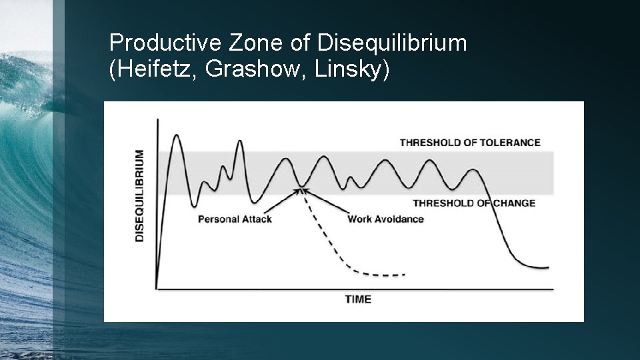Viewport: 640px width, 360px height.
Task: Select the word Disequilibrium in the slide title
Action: pyautogui.click(x=392, y=43)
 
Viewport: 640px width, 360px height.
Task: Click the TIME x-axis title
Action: pyautogui.click(x=358, y=299)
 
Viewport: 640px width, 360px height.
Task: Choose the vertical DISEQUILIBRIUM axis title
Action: pyautogui.click(x=139, y=195)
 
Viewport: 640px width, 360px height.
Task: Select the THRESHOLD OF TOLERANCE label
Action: pyautogui.click(x=469, y=142)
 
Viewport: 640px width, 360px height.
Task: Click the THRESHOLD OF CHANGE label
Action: pyautogui.click(x=473, y=203)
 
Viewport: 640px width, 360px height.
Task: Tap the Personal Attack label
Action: pyautogui.click(x=235, y=219)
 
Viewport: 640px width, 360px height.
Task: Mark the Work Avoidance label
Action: pyautogui.click(x=385, y=219)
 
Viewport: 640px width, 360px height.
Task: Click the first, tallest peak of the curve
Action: pyautogui.click(x=176, y=136)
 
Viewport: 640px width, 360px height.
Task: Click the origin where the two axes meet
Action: pyautogui.click(x=157, y=289)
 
